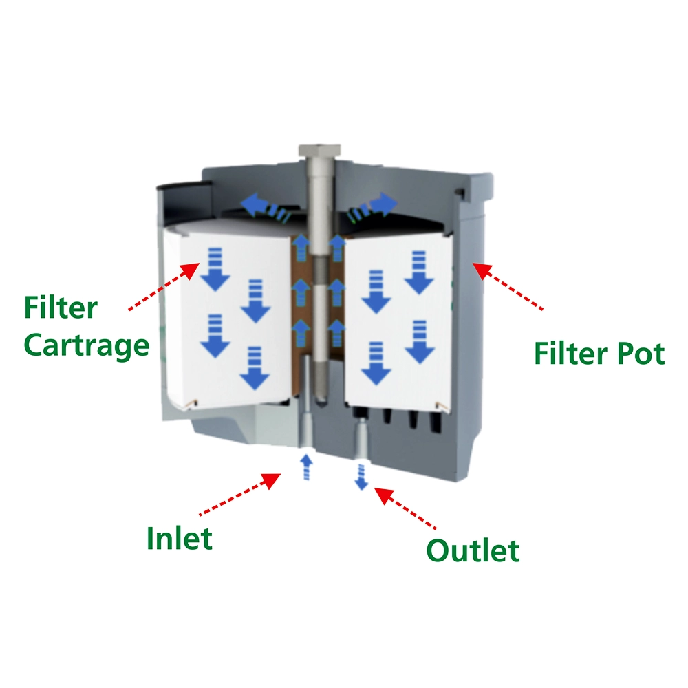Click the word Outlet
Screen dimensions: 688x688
click(x=473, y=550)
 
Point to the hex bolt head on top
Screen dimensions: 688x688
click(x=319, y=150)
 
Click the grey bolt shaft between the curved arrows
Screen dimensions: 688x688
click(x=319, y=200)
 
